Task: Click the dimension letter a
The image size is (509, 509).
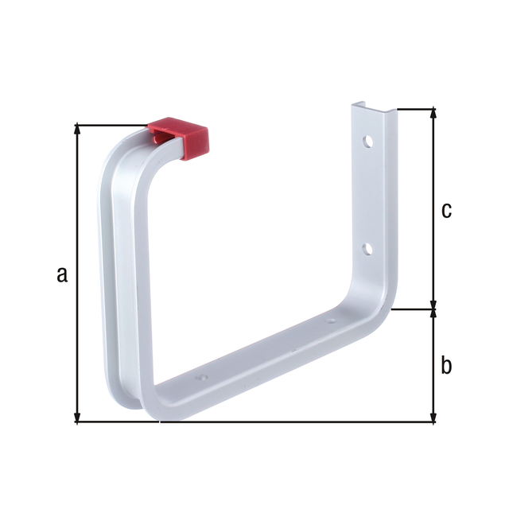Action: coord(62,274)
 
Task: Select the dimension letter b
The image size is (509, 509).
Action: coord(446,365)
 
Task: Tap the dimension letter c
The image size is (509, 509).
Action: coord(446,210)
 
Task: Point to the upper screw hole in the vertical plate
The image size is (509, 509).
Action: coord(368,142)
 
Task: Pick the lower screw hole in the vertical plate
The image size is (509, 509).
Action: coord(367,249)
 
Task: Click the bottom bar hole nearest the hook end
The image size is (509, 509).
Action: coord(201,379)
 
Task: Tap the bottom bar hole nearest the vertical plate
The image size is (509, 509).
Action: coord(330,322)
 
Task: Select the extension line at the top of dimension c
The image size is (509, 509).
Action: coord(414,109)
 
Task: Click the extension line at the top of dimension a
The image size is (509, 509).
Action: coord(111,125)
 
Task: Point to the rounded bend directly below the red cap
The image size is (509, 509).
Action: coord(119,159)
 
